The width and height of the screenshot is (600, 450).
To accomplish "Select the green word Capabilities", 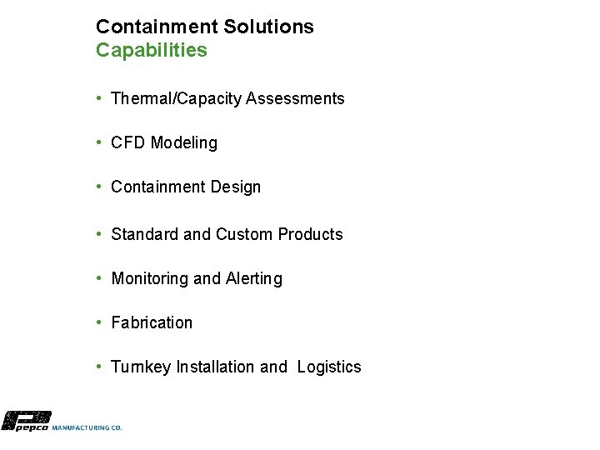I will [151, 50].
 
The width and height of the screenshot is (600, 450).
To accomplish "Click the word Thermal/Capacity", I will [171, 99].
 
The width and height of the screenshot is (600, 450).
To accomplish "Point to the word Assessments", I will [290, 99].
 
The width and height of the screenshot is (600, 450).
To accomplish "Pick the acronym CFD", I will [127, 143].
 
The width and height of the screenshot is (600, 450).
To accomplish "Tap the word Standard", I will [145, 235].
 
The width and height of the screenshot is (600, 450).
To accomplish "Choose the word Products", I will [310, 235].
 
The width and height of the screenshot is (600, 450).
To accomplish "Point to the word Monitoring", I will [150, 279].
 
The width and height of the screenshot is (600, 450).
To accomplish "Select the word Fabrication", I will [152, 323].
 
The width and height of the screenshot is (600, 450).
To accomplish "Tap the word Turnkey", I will [141, 367].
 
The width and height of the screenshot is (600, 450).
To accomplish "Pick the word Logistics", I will [329, 367].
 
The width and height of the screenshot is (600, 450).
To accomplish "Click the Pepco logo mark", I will [26, 421].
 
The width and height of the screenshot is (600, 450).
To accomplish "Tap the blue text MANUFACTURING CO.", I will [87, 427].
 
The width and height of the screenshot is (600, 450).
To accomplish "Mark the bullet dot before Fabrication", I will [99, 322].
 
